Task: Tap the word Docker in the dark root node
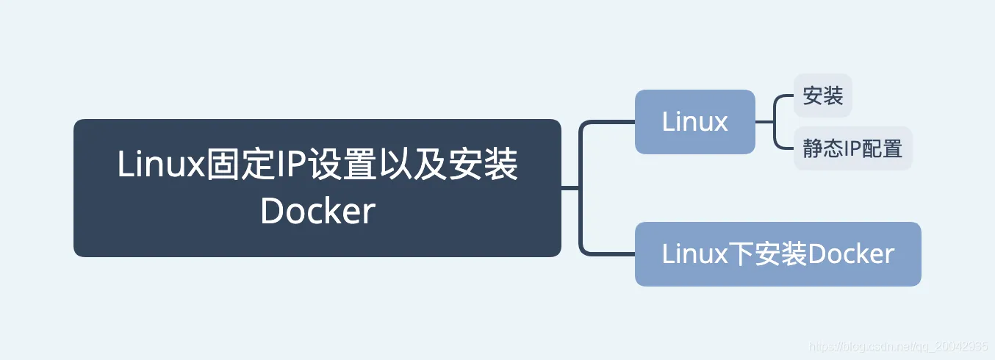coord(317,212)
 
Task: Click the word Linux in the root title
coord(159,165)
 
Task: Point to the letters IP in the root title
coord(290,165)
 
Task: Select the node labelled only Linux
coord(694,122)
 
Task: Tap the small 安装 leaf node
coord(822,96)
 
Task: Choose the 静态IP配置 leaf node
coord(852,148)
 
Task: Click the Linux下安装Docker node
coord(777,254)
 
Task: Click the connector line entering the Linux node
coord(610,122)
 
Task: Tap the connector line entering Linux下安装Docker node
coord(610,254)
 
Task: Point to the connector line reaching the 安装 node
coord(785,96)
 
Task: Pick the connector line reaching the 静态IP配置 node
coord(785,148)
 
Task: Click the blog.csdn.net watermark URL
coord(897,347)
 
